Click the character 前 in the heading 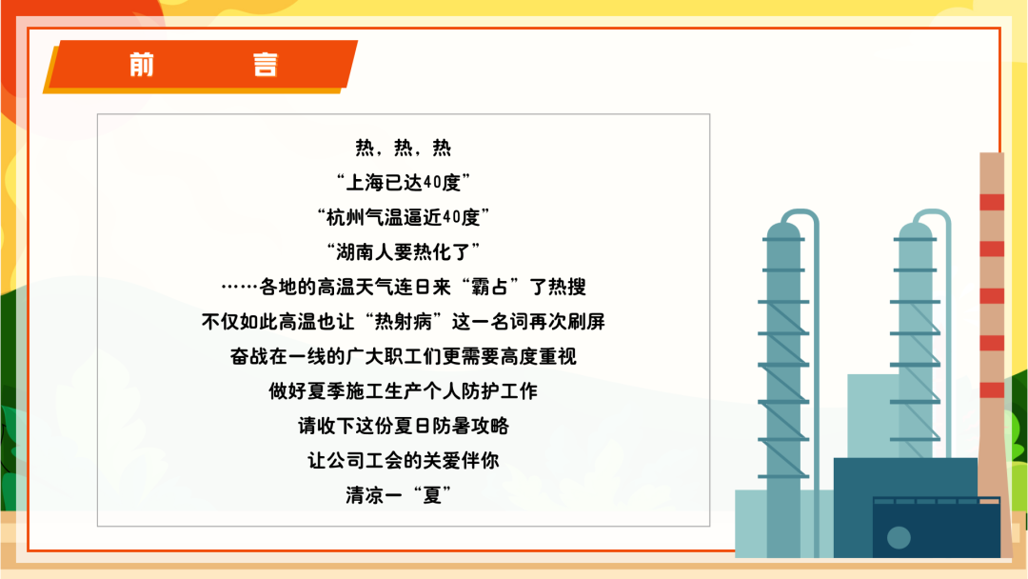click(x=142, y=65)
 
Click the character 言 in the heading click(x=266, y=65)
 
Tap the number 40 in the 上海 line click(x=432, y=182)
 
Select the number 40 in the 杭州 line click(x=452, y=217)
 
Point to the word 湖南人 click(x=364, y=251)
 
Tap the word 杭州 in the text click(x=345, y=217)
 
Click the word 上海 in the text click(x=365, y=182)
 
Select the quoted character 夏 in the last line click(x=431, y=495)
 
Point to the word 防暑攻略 click(x=471, y=426)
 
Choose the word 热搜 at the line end click(x=567, y=287)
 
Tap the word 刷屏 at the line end click(x=586, y=321)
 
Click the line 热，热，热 click(x=404, y=148)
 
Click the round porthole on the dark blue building click(x=899, y=538)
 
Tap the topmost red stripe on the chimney click(x=992, y=202)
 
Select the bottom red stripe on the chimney click(x=992, y=389)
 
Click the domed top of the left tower click(x=783, y=230)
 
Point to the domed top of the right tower click(x=916, y=230)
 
